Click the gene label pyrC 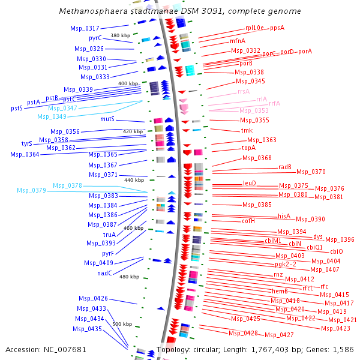tap(95, 38)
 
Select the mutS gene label tap(107, 119)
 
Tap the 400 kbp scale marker tap(128, 83)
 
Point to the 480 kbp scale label tap(129, 277)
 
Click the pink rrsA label tap(244, 91)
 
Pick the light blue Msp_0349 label tap(52, 116)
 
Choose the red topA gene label tap(248, 148)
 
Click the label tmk tap(247, 130)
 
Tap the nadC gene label tap(104, 273)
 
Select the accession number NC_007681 tap(65, 350)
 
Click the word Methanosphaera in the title tap(93, 11)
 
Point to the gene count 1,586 tap(343, 349)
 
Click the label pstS tap(17, 108)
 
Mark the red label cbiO tap(337, 251)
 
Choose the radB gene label tap(285, 167)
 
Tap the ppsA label tap(277, 28)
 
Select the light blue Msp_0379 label tap(31, 190)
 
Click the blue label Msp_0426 tap(93, 298)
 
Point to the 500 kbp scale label tap(122, 324)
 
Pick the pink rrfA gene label tap(275, 103)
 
